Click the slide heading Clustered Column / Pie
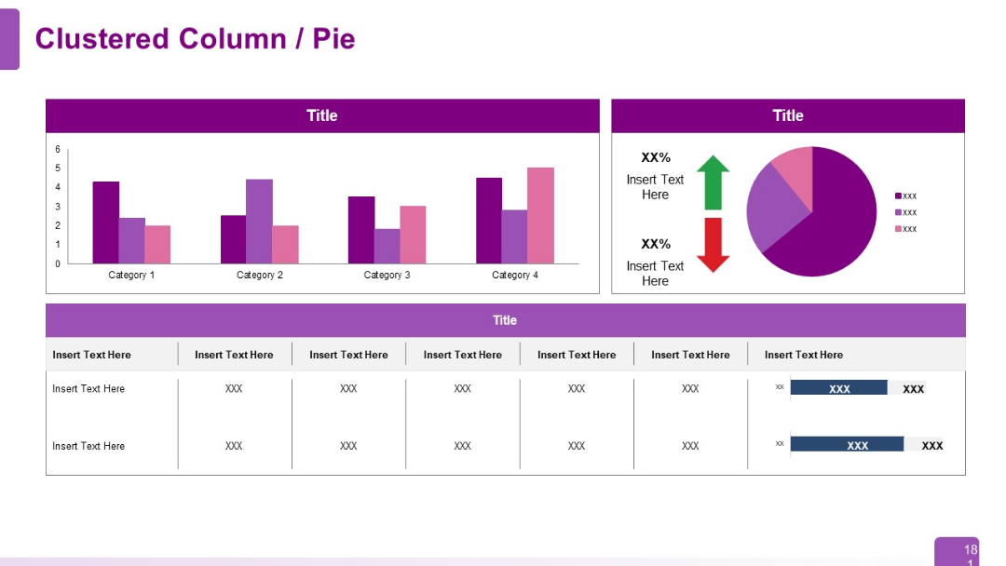(195, 39)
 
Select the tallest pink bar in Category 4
(540, 216)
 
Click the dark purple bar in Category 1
(106, 223)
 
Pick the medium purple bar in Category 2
(259, 222)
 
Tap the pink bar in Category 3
(413, 235)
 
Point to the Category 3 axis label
(387, 276)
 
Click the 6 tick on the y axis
(58, 150)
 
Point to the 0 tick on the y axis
(58, 263)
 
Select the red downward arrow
(713, 245)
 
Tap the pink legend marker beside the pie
(898, 229)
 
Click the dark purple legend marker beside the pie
(898, 196)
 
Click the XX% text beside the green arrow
(656, 158)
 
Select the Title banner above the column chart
(322, 116)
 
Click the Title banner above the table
(505, 320)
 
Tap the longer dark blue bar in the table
(847, 445)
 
